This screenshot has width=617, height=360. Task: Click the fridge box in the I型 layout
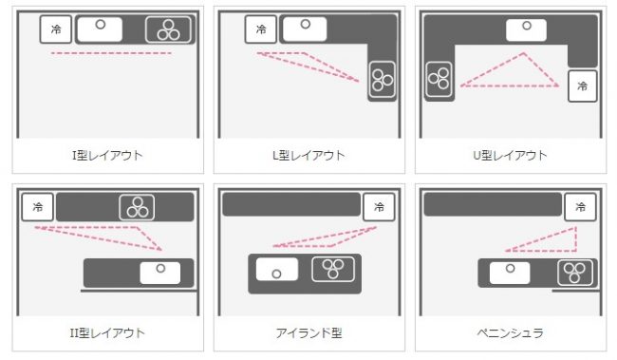click(x=56, y=29)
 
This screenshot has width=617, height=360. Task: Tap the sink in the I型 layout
click(x=100, y=29)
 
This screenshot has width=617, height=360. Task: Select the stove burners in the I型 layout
click(x=168, y=29)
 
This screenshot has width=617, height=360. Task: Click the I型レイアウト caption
click(x=107, y=155)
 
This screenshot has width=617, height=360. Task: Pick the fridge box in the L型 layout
click(x=261, y=29)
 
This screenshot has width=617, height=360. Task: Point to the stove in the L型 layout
click(x=383, y=80)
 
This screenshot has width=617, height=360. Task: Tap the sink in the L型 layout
click(x=305, y=28)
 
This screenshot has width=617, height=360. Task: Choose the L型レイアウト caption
click(x=308, y=155)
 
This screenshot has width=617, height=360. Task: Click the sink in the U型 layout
click(x=526, y=30)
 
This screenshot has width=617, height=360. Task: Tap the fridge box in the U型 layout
click(x=583, y=86)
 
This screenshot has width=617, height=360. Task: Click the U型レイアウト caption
click(x=510, y=155)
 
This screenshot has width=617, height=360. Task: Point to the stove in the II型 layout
click(x=137, y=207)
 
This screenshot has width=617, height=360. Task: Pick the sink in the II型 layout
click(x=160, y=273)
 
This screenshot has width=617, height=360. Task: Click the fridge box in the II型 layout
click(x=37, y=207)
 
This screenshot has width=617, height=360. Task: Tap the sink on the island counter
click(x=277, y=270)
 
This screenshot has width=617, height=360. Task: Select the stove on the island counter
click(x=333, y=269)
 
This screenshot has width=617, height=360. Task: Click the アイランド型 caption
click(x=308, y=333)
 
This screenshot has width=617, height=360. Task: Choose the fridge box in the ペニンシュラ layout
click(x=580, y=207)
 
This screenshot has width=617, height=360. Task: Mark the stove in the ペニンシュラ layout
click(x=575, y=273)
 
